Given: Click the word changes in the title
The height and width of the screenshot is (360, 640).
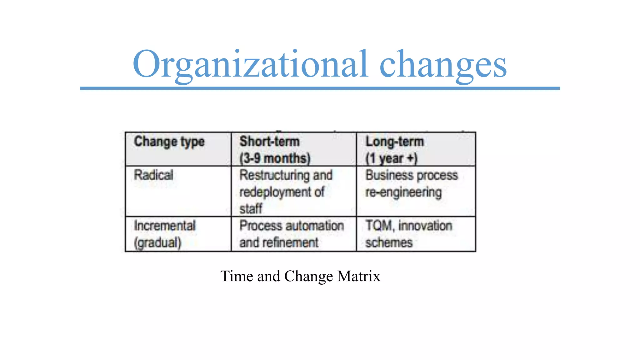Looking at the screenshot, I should tap(443, 65).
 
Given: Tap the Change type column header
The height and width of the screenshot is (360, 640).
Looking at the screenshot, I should tap(169, 142).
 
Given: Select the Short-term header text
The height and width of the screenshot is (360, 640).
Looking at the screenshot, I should tap(269, 142).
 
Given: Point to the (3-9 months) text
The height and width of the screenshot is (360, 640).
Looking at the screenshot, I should tap(275, 158).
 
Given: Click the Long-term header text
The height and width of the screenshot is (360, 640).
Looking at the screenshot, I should tap(395, 142).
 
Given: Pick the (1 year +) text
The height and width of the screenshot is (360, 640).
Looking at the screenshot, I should tap(391, 158).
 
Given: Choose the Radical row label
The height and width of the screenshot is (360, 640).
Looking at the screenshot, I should tap(153, 175).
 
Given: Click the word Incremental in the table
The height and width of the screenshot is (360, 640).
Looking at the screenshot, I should tap(165, 226).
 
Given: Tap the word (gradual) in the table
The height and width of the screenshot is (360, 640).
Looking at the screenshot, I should tap(157, 243).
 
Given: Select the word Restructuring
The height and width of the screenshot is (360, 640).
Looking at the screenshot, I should tap(274, 175).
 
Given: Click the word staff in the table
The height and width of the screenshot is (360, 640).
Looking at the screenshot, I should tap(251, 209).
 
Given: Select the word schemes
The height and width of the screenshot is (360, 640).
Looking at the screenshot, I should tap(389, 242).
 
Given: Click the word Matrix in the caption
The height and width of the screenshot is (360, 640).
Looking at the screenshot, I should tap(359, 276).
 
